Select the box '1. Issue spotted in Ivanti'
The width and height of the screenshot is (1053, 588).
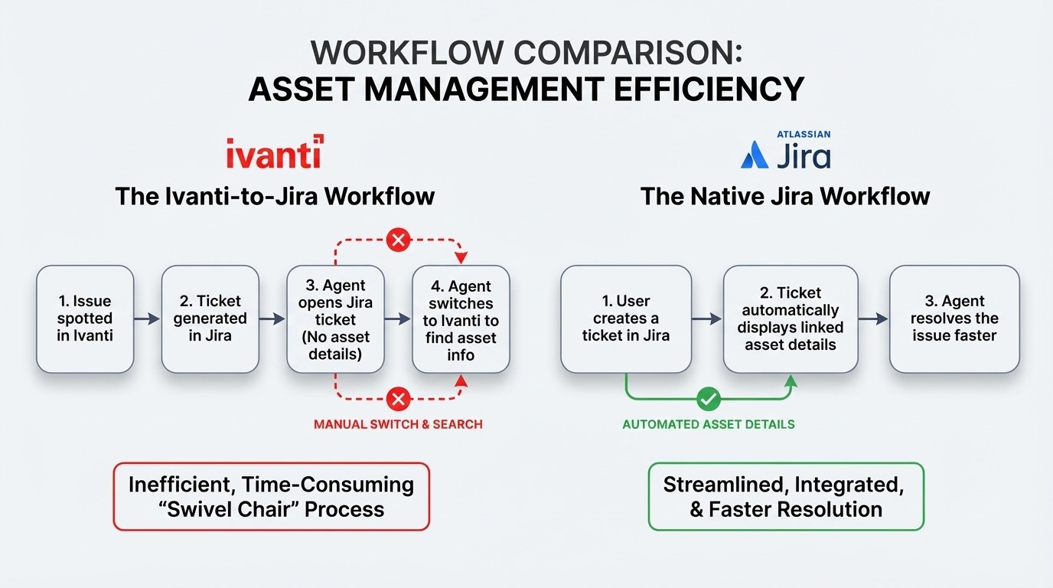coord(85,318)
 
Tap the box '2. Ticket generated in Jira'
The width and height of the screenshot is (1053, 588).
coord(210,318)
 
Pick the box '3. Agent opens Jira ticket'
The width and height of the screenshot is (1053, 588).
coord(334,318)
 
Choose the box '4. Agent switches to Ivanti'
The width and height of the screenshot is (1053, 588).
coord(460,318)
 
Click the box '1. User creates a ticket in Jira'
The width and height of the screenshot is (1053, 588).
coord(625,318)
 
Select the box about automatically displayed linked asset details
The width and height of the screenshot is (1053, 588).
coord(791,318)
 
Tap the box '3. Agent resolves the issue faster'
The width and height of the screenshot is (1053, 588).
coord(954,318)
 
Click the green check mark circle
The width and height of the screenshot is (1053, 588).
coord(709,399)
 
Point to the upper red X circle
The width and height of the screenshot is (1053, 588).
coord(397,240)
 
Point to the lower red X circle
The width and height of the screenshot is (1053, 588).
coord(397,398)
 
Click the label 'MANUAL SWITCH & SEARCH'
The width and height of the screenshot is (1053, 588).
coord(398,423)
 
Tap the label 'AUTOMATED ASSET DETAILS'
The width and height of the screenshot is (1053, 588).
coord(709,424)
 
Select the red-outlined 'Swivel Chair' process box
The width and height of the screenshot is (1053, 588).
coord(271,496)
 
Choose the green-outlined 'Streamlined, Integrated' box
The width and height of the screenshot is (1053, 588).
coord(786,496)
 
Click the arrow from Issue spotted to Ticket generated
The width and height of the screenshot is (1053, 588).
coord(147,318)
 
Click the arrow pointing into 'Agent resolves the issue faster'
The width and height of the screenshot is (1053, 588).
coord(873,318)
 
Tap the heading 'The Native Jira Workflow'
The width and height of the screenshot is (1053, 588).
coord(785,196)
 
